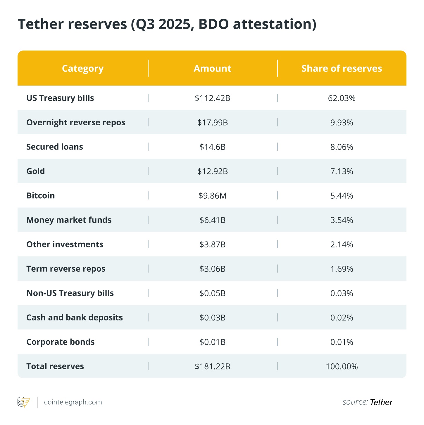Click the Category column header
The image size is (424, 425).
tap(83, 69)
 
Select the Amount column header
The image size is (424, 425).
tap(212, 69)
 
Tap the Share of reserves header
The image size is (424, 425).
tap(342, 69)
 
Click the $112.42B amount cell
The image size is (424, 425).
tap(213, 98)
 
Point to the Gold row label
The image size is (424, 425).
tap(36, 171)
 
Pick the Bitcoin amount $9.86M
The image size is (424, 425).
tap(213, 196)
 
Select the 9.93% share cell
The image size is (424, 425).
tap(342, 123)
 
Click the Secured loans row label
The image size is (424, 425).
tap(55, 147)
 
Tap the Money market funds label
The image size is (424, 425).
tap(69, 220)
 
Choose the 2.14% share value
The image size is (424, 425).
tap(342, 244)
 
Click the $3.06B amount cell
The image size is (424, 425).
tap(213, 269)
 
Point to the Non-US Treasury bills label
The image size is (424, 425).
tap(70, 293)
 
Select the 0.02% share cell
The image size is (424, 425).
tap(342, 318)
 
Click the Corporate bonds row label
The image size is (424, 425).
tap(61, 342)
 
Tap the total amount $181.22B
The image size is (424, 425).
tap(213, 367)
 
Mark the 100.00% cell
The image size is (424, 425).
tap(342, 367)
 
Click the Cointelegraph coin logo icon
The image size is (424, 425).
tap(23, 402)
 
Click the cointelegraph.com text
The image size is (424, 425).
tap(73, 402)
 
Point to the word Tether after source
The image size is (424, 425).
tap(381, 403)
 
